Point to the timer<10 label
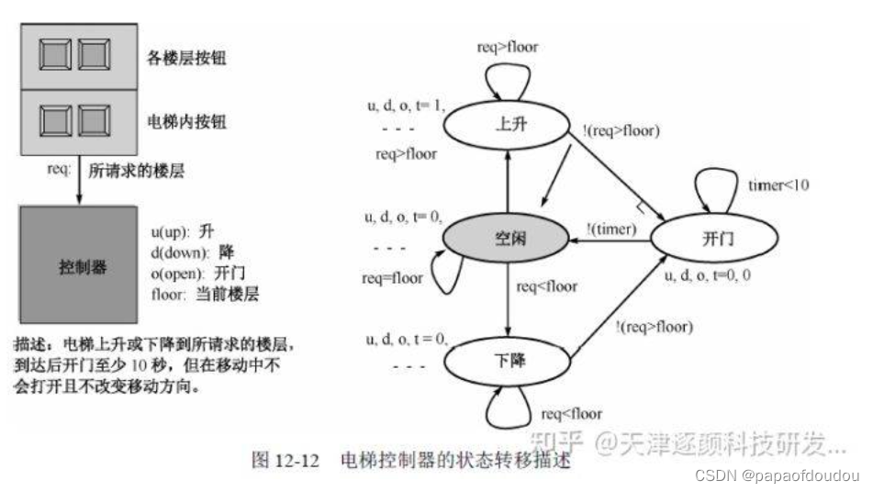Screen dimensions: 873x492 click(778, 186)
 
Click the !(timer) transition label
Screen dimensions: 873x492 click(611, 229)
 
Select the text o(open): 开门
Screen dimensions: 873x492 click(196, 274)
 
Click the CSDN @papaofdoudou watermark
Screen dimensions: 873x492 click(776, 475)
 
